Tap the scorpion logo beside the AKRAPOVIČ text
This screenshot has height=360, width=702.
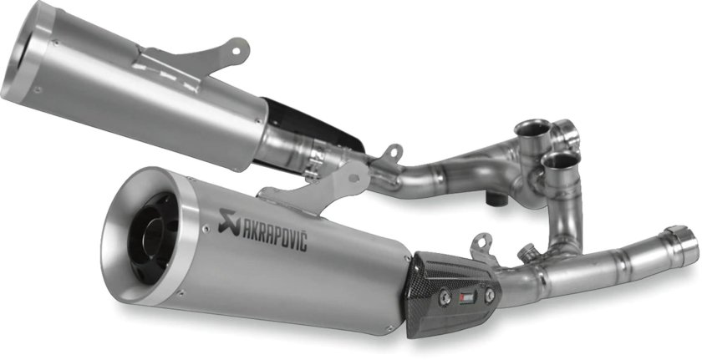click(x=226, y=219)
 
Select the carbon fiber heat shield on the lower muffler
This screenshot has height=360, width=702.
click(x=452, y=292)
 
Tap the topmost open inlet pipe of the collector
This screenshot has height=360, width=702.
click(x=533, y=129)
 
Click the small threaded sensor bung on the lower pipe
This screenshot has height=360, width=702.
click(x=527, y=251)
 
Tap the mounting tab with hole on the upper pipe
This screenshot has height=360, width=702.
click(x=389, y=154)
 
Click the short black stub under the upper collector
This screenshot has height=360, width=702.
click(x=496, y=199)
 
